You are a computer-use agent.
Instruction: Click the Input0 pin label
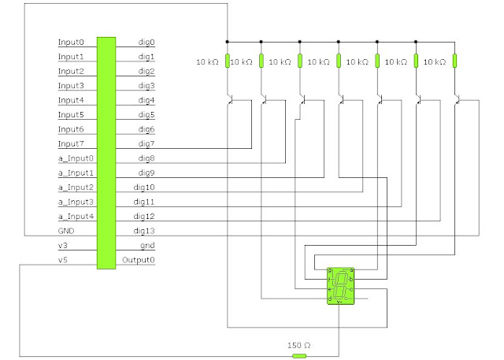(x=70, y=43)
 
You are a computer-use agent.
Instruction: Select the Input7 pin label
(x=70, y=144)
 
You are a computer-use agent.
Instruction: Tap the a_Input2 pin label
(x=76, y=187)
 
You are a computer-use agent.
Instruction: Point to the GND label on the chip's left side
(x=66, y=232)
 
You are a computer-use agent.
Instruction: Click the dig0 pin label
(x=146, y=43)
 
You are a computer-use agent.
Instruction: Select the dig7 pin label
(x=146, y=144)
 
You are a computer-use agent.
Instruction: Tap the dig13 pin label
(x=144, y=231)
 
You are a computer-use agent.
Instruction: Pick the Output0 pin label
(x=139, y=260)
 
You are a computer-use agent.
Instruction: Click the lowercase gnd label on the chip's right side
(x=147, y=246)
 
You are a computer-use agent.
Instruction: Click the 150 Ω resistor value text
(x=298, y=346)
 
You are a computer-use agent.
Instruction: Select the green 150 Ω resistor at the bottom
(x=298, y=356)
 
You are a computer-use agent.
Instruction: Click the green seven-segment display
(x=341, y=285)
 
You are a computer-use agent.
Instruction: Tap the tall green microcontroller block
(x=106, y=152)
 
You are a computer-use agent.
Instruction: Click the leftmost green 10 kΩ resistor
(x=227, y=61)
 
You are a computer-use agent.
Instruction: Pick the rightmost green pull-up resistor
(x=455, y=61)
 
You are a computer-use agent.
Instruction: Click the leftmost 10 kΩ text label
(x=208, y=62)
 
